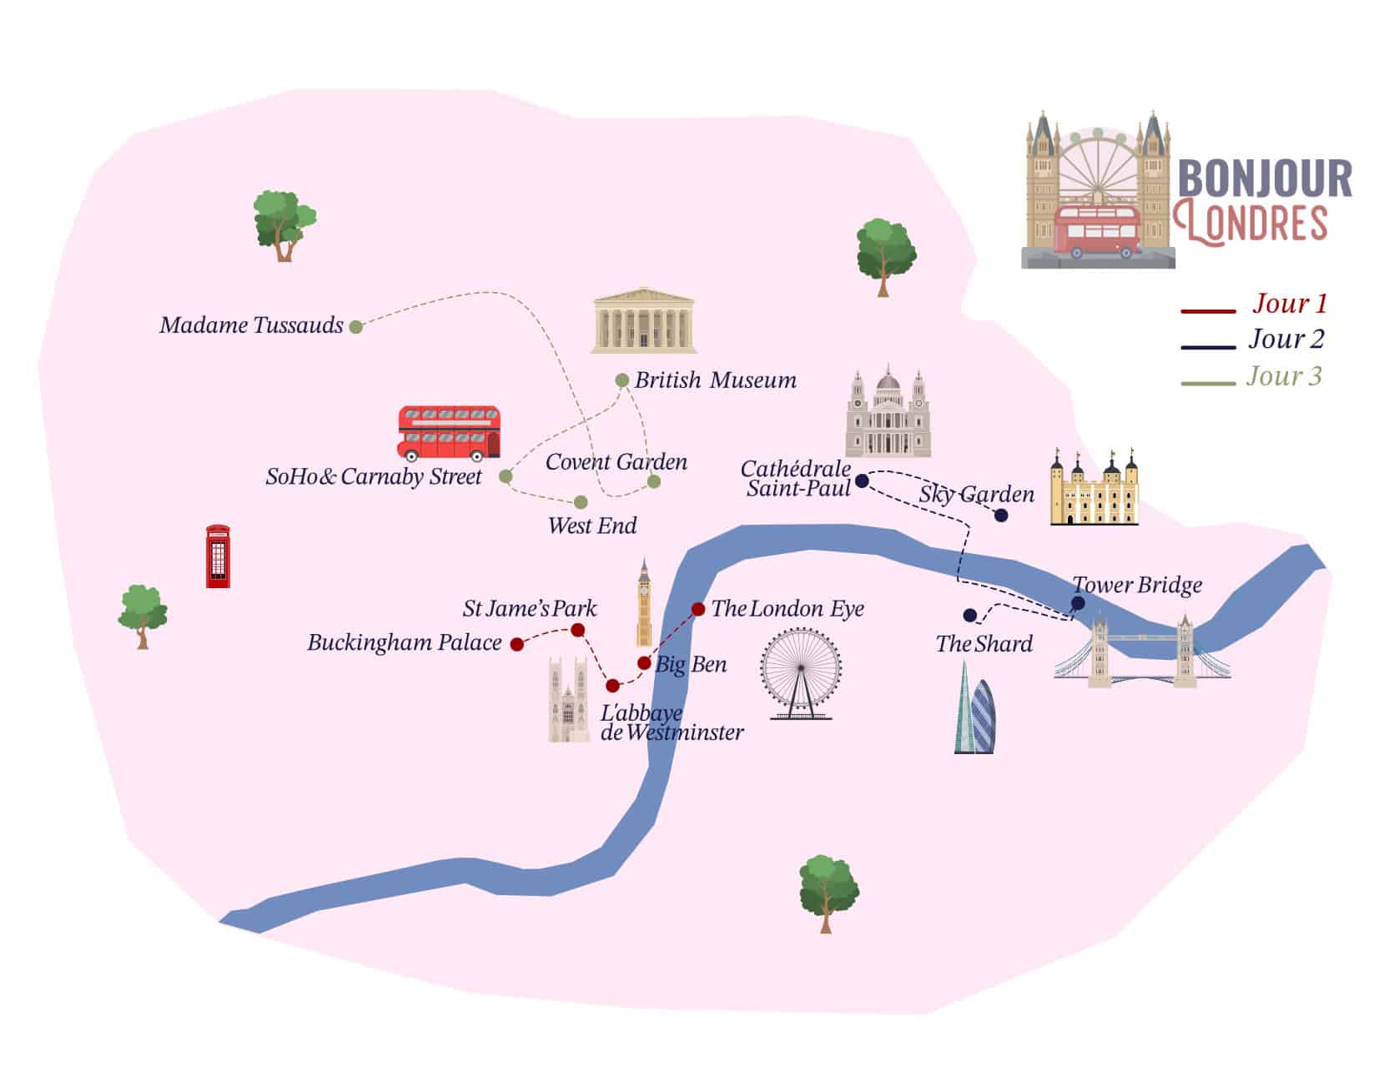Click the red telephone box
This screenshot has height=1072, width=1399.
point(218,556)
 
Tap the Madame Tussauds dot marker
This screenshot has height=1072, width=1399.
point(356,327)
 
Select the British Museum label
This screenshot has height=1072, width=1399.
point(715,380)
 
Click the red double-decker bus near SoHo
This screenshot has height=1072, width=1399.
point(449,433)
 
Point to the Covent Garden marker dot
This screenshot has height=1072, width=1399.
point(654,482)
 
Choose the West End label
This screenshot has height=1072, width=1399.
point(592,526)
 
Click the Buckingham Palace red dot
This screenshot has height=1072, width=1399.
point(517,644)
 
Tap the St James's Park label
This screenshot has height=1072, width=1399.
point(530,608)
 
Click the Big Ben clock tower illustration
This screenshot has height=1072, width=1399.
point(644,602)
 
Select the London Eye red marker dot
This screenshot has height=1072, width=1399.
point(698,609)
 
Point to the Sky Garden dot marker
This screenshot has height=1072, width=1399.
point(1001,516)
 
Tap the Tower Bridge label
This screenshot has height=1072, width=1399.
point(1137,585)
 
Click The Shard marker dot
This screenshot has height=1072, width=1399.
point(969,616)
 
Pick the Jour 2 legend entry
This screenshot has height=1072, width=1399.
point(1286,340)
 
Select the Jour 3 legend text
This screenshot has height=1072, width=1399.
point(1284,376)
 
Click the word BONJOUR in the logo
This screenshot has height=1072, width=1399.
point(1265,179)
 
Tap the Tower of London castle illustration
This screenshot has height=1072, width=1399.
point(1094,489)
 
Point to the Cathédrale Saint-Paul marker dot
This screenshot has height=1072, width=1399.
point(863,481)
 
